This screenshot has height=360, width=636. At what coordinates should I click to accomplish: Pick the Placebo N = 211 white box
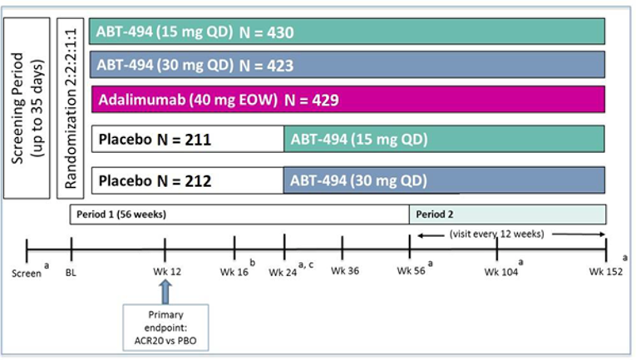pyautogui.click(x=186, y=139)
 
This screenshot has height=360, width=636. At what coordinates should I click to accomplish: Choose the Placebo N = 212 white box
pyautogui.click(x=186, y=180)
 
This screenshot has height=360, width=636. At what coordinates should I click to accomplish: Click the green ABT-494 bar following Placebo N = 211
pyautogui.click(x=444, y=139)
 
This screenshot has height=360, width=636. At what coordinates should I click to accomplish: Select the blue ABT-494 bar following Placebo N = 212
pyautogui.click(x=444, y=180)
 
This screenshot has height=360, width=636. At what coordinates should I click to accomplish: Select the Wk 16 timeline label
pyautogui.click(x=234, y=271)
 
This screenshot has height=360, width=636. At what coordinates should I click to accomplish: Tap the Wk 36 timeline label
pyautogui.click(x=343, y=271)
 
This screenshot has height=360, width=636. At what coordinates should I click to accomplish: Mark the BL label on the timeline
pyautogui.click(x=71, y=271)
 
